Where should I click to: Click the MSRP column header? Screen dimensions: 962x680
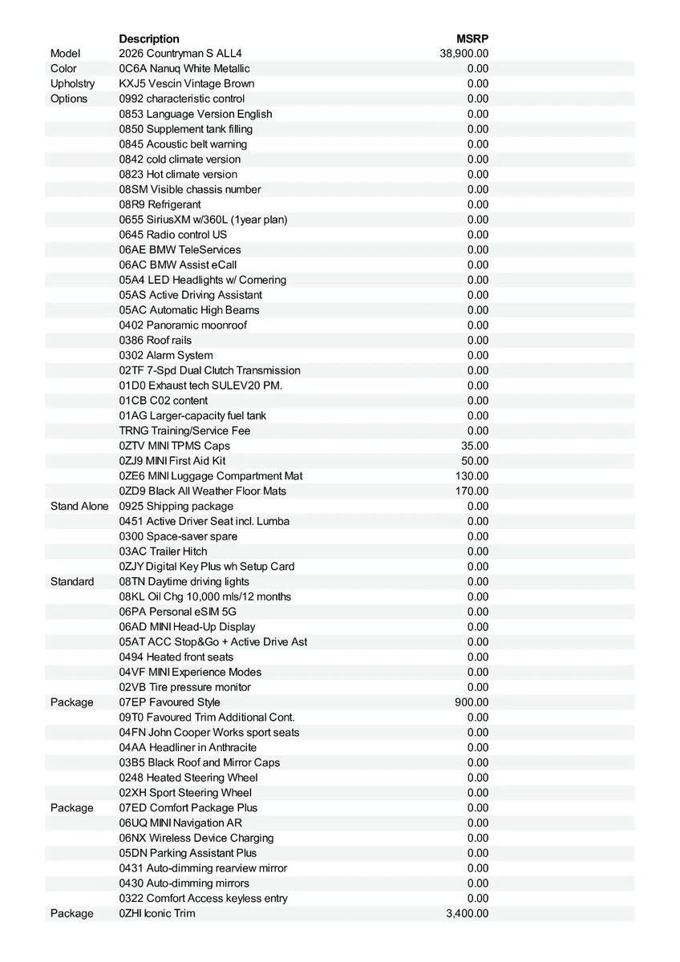pyautogui.click(x=472, y=38)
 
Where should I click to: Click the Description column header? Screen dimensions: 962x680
pyautogui.click(x=149, y=38)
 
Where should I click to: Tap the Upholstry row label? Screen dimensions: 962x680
pyautogui.click(x=72, y=83)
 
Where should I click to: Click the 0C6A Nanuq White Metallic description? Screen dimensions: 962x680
pyautogui.click(x=184, y=69)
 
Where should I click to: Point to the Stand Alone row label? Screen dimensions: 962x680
pyautogui.click(x=79, y=506)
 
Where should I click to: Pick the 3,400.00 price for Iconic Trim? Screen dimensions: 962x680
pyautogui.click(x=467, y=913)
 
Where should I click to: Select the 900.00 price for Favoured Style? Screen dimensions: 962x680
pyautogui.click(x=472, y=702)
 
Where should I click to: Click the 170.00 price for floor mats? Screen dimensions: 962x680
pyautogui.click(x=472, y=491)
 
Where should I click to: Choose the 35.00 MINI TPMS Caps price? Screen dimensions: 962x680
pyautogui.click(x=475, y=446)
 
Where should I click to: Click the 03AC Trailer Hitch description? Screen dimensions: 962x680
pyautogui.click(x=163, y=552)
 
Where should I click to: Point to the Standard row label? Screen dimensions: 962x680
pyautogui.click(x=72, y=581)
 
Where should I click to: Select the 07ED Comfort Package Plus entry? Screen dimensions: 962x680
pyautogui.click(x=188, y=807)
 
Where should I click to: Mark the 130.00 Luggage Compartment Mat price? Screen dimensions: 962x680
pyautogui.click(x=472, y=476)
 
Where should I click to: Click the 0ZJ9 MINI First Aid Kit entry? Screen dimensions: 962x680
pyautogui.click(x=172, y=461)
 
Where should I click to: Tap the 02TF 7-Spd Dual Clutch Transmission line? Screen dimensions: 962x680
pyautogui.click(x=210, y=370)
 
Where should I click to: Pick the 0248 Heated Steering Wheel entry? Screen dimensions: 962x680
pyautogui.click(x=188, y=778)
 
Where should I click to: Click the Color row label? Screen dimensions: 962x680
pyautogui.click(x=64, y=69)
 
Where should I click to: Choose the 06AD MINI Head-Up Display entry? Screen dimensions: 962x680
pyautogui.click(x=188, y=627)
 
